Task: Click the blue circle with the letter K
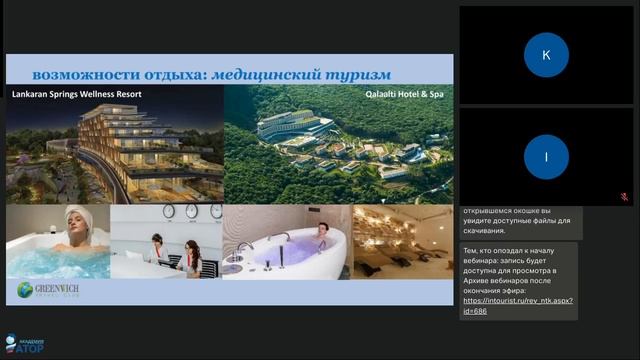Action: [x=546, y=55]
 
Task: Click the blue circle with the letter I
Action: [x=546, y=156]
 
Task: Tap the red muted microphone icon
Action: [x=624, y=197]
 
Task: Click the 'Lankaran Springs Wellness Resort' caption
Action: [x=76, y=94]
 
